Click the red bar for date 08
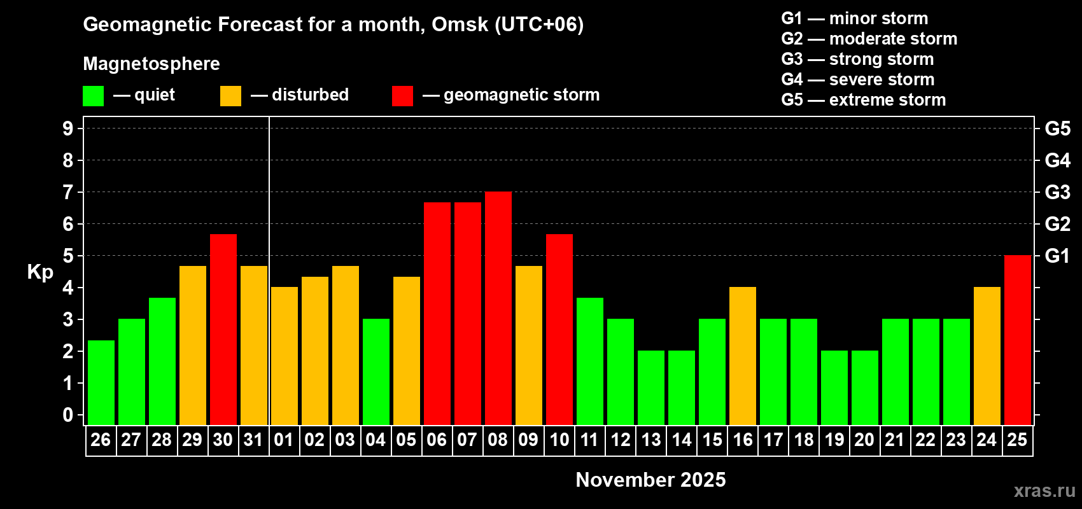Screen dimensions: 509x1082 click(498, 309)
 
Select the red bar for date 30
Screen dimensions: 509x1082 click(223, 330)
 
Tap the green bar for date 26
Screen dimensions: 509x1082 click(101, 382)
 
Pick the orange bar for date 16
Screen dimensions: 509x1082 click(743, 356)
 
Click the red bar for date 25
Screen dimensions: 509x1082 click(1018, 340)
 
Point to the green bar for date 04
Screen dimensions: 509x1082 click(376, 372)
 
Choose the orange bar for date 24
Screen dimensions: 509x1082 click(987, 356)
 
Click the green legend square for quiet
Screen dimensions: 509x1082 click(94, 96)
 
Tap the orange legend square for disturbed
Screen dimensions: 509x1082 click(230, 96)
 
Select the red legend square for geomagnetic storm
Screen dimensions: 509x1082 click(402, 96)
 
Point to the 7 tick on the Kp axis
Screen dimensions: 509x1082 click(68, 192)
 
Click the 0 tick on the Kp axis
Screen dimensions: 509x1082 click(68, 415)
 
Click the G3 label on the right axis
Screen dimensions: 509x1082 click(1057, 192)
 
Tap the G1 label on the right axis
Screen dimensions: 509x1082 click(1057, 256)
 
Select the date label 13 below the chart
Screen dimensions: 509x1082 click(651, 440)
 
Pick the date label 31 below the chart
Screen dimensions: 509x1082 click(253, 440)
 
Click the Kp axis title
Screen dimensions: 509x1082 click(40, 272)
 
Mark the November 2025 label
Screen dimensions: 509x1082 click(650, 480)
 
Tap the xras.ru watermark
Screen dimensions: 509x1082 click(1044, 491)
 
